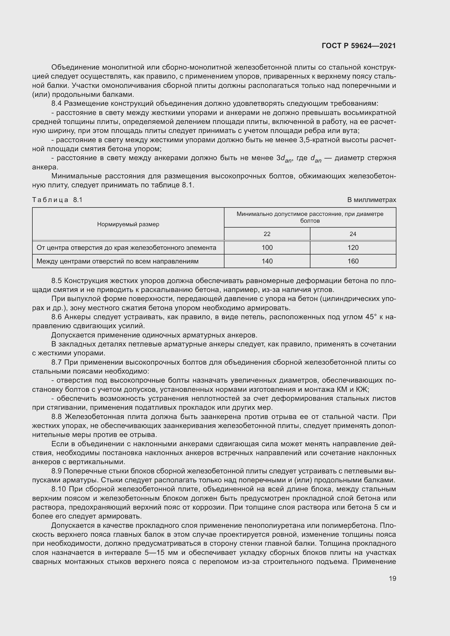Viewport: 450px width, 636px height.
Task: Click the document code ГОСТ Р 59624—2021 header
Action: [359, 46]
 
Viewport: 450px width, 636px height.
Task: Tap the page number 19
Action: [392, 578]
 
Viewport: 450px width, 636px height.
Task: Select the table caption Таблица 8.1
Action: [57, 200]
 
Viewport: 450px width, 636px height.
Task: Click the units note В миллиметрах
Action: [371, 200]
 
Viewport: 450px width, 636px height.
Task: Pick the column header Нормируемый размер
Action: [128, 224]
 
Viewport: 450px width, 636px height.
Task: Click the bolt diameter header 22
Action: [267, 234]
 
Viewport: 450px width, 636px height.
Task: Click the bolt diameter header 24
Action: [353, 234]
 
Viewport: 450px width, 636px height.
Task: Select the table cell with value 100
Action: [267, 247]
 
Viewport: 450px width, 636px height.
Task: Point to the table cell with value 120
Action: [353, 247]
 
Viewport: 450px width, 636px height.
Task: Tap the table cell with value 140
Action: [267, 261]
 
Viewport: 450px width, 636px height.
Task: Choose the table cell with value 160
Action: [353, 261]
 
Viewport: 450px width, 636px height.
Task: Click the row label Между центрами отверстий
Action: [118, 261]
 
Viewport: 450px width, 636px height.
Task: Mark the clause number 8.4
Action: [57, 104]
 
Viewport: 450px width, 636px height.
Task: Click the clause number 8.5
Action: [57, 281]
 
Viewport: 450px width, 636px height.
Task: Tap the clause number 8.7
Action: [57, 362]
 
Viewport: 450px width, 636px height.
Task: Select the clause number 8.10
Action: [58, 489]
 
